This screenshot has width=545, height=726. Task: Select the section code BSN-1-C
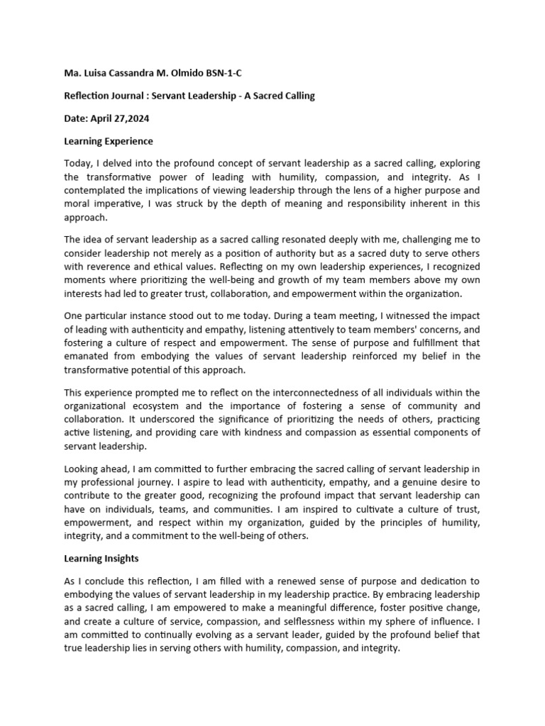(229, 73)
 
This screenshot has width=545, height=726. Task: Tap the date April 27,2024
(124, 118)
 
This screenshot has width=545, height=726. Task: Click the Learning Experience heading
(109, 141)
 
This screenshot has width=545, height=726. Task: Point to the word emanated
(87, 356)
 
